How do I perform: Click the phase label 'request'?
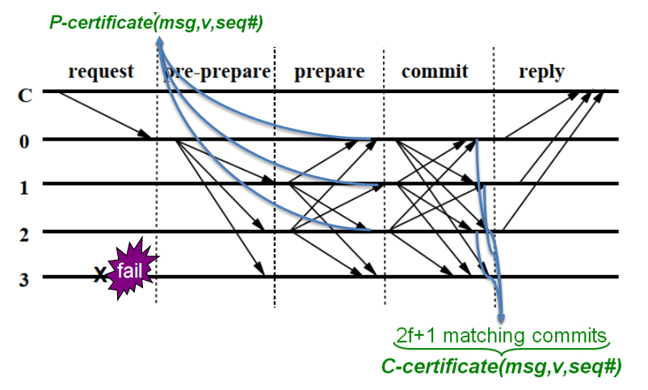click(x=101, y=71)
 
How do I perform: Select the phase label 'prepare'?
click(x=330, y=72)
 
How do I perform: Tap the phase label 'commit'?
click(x=435, y=71)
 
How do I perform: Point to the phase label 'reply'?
click(x=542, y=72)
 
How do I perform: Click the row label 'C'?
click(x=25, y=95)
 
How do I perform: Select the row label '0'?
click(x=24, y=142)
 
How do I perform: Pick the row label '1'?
click(x=24, y=188)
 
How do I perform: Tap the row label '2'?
click(x=24, y=235)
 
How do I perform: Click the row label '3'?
click(x=24, y=280)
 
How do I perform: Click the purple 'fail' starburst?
click(x=131, y=269)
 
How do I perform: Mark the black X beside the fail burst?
click(x=100, y=274)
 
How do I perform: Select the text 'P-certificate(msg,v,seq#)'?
click(x=156, y=23)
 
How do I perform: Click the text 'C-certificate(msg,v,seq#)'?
click(x=501, y=367)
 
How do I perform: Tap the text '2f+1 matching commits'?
click(x=501, y=335)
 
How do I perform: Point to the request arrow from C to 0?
click(x=105, y=115)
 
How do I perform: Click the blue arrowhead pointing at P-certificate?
click(x=159, y=40)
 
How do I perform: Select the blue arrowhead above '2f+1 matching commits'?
click(x=501, y=318)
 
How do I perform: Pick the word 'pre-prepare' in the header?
click(x=217, y=72)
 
